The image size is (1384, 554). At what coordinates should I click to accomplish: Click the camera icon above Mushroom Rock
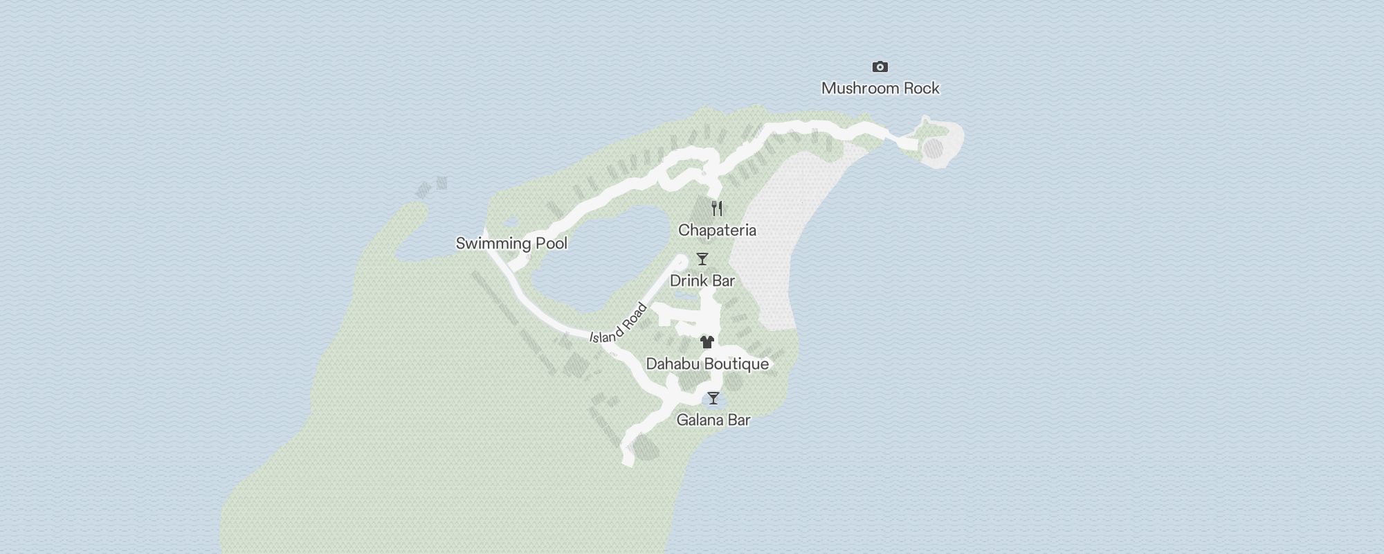tap(880, 67)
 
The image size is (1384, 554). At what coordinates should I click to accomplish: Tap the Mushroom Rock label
tap(880, 89)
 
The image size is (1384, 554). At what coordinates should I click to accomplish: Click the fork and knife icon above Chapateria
tap(717, 208)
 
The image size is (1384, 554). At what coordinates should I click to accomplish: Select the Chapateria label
tap(717, 231)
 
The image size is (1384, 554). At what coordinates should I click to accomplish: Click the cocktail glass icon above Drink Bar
tap(702, 259)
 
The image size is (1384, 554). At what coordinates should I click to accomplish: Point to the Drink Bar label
tap(702, 281)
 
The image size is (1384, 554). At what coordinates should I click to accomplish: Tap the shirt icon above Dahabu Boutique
tap(707, 341)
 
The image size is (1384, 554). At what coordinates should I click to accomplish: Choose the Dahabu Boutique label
tap(707, 364)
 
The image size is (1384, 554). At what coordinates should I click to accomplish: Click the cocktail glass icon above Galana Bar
tap(713, 398)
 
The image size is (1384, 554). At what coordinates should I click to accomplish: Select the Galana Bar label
tap(713, 420)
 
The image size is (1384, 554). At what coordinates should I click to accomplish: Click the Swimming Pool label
tap(511, 244)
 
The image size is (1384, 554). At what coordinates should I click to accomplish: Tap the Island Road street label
tap(618, 323)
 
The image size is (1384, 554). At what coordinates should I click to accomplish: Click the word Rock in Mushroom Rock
tap(922, 89)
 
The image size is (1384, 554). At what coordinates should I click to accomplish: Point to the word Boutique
tap(736, 364)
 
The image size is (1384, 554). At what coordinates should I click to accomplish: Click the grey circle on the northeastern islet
tap(934, 148)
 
